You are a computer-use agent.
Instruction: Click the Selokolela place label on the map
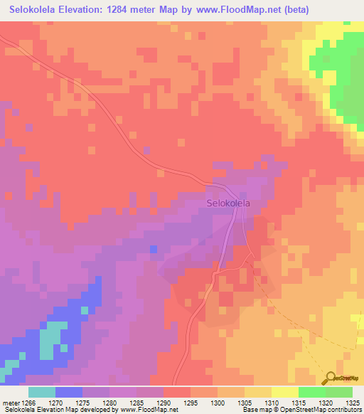228,203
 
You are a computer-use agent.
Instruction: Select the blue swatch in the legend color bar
68,392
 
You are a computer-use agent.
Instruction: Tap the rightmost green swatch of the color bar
338,392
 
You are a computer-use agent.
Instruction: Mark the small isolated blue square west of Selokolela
153,248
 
